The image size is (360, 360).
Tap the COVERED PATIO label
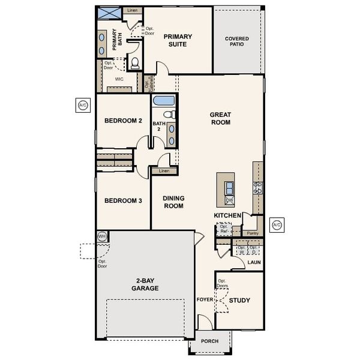point(236,43)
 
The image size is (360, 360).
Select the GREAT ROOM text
point(220,118)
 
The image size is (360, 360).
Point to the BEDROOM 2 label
point(123,121)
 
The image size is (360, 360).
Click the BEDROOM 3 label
point(123,200)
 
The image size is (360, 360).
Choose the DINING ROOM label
point(173,202)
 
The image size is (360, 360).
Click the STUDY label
point(239,301)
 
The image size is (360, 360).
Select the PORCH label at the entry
point(209,341)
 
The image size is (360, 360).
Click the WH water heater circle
point(101,237)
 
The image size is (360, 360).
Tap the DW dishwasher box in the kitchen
point(229,200)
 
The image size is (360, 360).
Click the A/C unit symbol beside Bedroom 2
point(83,106)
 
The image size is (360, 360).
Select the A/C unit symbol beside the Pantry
point(277,226)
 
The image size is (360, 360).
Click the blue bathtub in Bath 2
point(163,101)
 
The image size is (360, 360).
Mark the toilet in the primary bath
point(135,63)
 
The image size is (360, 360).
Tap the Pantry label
point(252,233)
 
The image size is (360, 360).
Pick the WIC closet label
point(119,79)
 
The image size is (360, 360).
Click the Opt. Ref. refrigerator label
point(225,229)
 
